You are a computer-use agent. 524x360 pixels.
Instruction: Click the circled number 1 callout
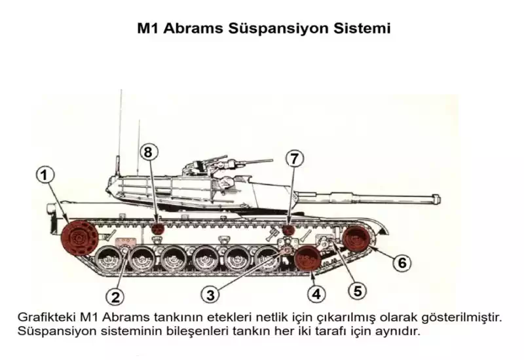pos(45,175)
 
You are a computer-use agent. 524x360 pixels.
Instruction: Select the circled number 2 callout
pos(115,297)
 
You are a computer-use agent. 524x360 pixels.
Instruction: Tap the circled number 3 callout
pos(210,295)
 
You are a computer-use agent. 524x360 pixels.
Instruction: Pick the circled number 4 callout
pos(316,294)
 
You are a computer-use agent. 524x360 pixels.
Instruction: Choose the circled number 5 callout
pos(358,291)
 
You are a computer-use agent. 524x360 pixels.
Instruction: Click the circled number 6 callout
pos(402,262)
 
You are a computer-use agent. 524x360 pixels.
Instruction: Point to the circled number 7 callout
pos(294,158)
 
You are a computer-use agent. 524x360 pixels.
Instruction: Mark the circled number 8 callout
pos(149,152)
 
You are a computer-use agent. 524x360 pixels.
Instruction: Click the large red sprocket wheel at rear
pos(79,238)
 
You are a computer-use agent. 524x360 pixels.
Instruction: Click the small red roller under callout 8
pos(158,229)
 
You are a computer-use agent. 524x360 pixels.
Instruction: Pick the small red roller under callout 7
pos(288,230)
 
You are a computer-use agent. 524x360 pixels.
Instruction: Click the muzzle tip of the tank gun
pos(438,199)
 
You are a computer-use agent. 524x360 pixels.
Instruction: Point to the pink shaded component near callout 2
pos(126,242)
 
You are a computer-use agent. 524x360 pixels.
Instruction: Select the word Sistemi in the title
pos(362,28)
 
